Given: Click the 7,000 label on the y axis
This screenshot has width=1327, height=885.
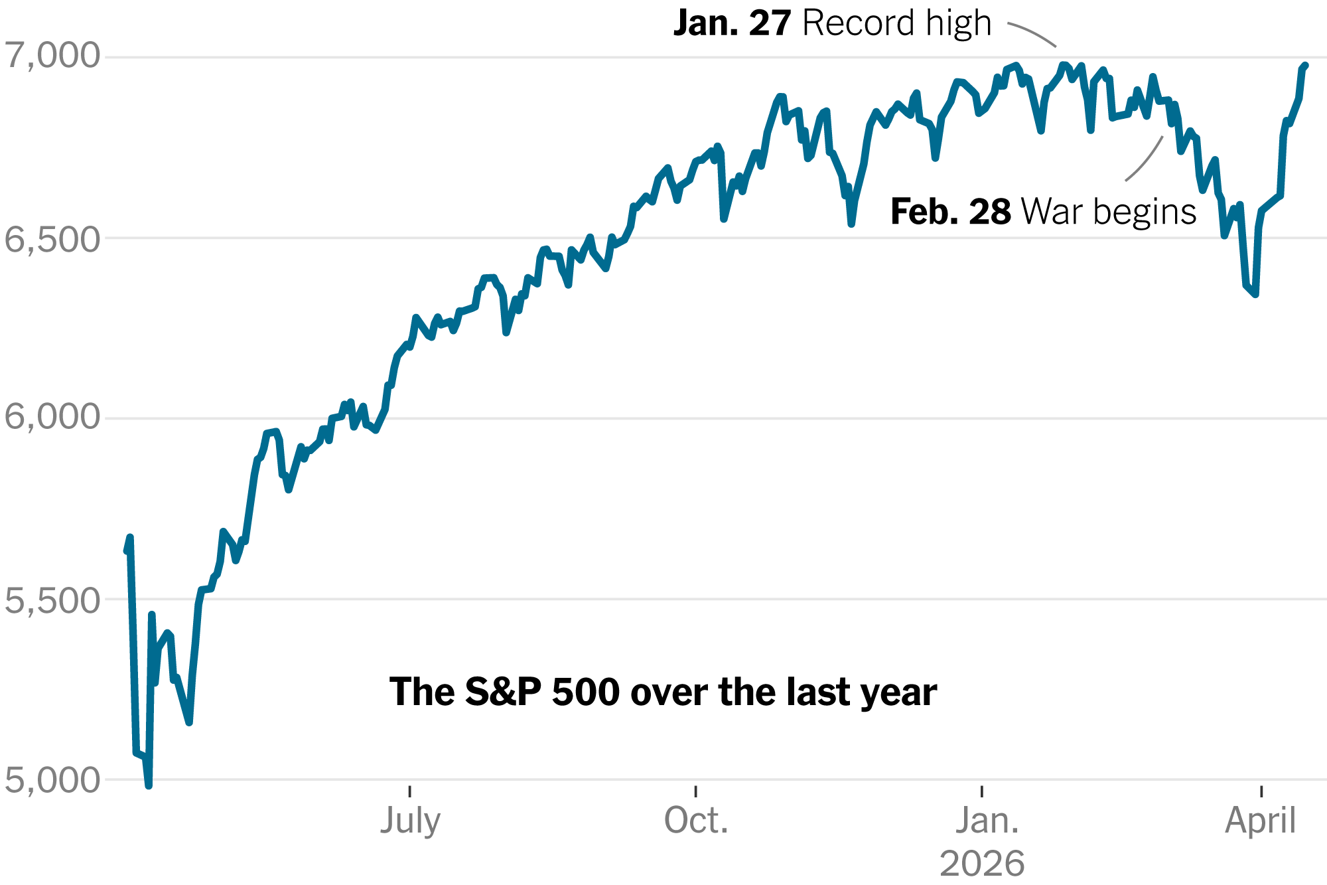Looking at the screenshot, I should point(52,56).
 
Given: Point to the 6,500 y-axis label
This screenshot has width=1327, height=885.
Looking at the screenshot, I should point(52,240).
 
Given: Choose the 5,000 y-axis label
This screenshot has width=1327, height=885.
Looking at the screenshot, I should point(52,781).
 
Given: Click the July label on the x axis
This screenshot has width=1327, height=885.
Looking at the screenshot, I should point(410,821).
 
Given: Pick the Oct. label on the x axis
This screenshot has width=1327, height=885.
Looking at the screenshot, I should point(696,821).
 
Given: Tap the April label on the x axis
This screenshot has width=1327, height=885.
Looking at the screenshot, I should point(1260,821).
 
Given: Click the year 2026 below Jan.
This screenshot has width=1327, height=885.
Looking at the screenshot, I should point(982,864).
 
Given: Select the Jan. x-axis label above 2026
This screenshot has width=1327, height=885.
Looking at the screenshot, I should point(987,821).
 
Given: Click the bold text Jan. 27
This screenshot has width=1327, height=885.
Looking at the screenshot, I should point(732,24).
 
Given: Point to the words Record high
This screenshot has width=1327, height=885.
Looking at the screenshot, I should point(897,24).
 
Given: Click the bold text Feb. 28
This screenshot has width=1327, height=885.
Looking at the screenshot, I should point(950,212).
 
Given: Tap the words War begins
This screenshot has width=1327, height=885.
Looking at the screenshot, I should point(1109,212).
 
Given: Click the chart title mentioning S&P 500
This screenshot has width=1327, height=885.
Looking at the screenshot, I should point(663,692).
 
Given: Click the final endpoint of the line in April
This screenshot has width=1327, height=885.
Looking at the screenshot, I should point(1305,66).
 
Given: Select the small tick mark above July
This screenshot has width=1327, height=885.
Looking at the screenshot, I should point(410,791).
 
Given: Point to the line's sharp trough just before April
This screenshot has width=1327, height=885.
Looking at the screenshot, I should point(1255,294).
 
